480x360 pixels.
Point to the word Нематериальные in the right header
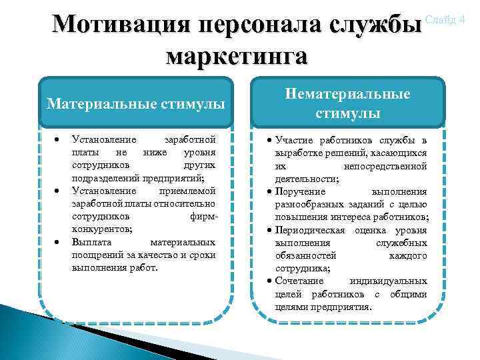[348, 94]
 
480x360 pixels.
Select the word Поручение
[298, 191]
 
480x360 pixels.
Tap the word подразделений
[104, 179]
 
